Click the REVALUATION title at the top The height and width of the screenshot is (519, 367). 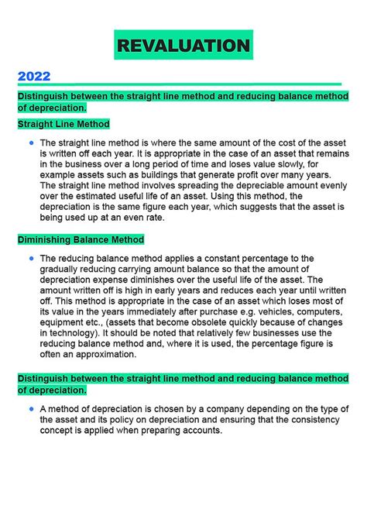coord(183,46)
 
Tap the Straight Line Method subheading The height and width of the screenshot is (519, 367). coord(63,123)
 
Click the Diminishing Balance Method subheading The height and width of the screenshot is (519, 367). coord(81,239)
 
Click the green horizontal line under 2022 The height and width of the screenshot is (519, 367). coord(179,84)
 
